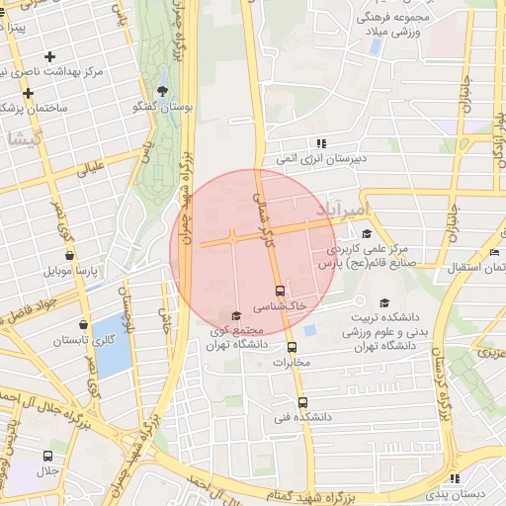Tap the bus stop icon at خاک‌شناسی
pyautogui.click(x=280, y=291)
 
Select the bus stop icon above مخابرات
pyautogui.click(x=292, y=347)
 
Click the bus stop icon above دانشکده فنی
pyautogui.click(x=302, y=402)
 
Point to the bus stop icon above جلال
pyautogui.click(x=47, y=456)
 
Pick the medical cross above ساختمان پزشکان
pyautogui.click(x=29, y=93)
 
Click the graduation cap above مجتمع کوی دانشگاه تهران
pyautogui.click(x=235, y=315)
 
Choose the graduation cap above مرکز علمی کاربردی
pyautogui.click(x=369, y=234)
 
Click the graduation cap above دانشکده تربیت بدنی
pyautogui.click(x=384, y=303)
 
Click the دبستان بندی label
pyautogui.click(x=464, y=492)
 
